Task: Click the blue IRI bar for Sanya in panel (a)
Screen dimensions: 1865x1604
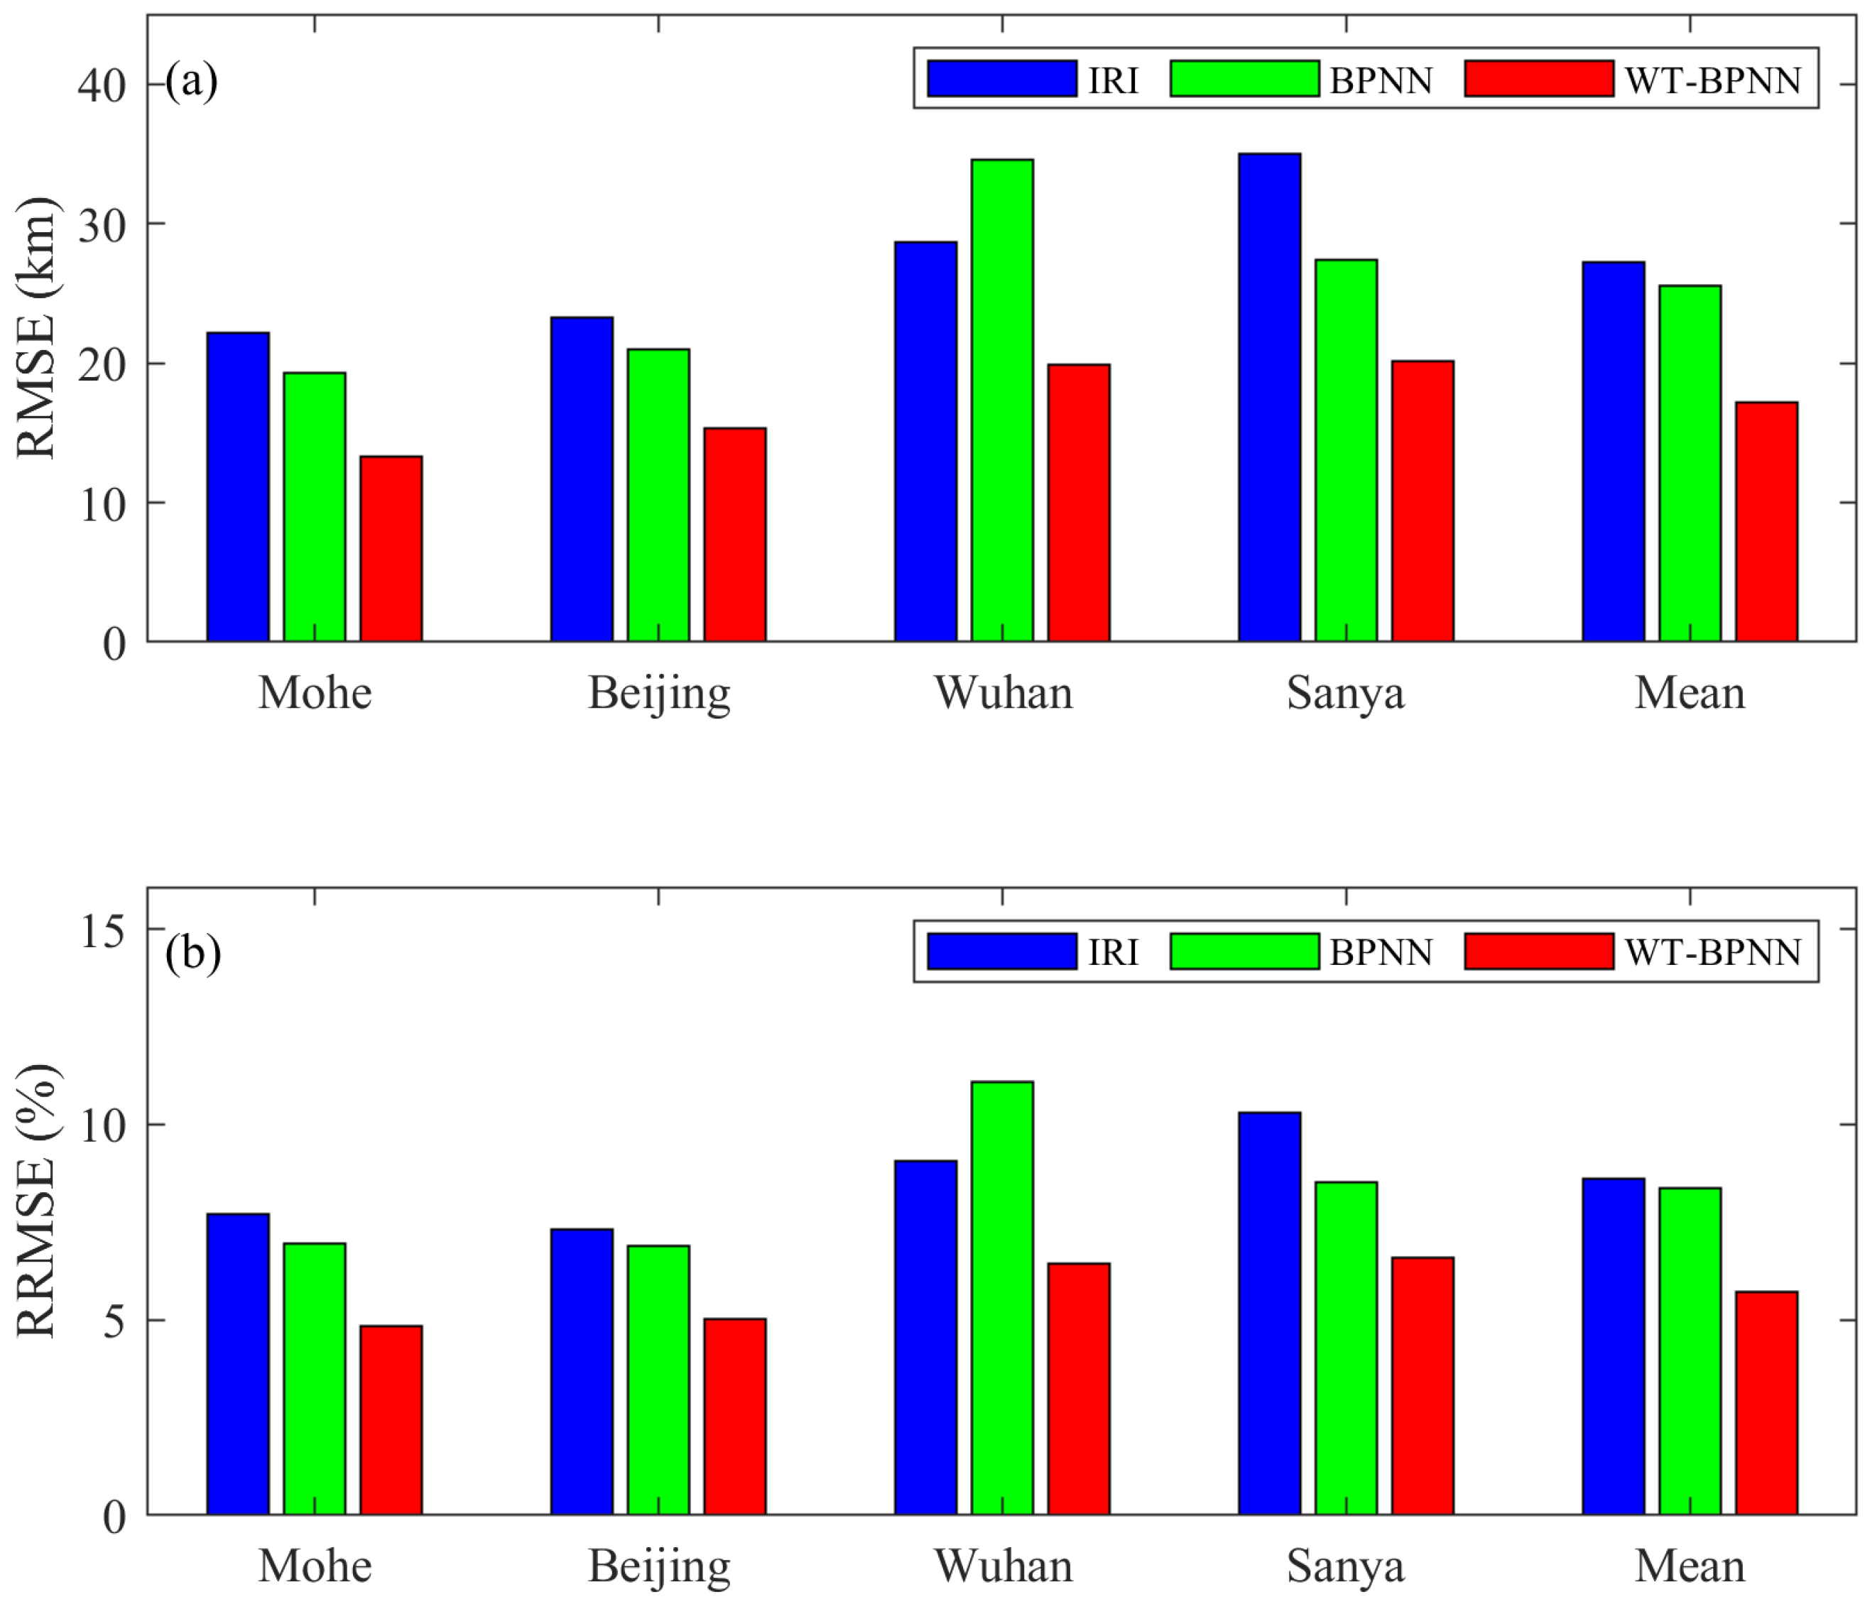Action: tap(1269, 397)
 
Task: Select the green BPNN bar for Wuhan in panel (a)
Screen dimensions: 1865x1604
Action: tap(1002, 400)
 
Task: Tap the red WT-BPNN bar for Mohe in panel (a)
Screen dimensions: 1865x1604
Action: tap(391, 549)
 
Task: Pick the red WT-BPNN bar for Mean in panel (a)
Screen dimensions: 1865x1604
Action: tap(1766, 522)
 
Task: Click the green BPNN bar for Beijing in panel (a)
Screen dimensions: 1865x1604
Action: tap(658, 495)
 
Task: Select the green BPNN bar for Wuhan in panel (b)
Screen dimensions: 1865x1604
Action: tap(1002, 1299)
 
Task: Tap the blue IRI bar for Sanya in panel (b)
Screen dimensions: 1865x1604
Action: tap(1269, 1314)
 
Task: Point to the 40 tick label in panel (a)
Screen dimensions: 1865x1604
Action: tap(102, 84)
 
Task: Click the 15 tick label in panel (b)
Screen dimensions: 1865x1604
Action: tap(102, 931)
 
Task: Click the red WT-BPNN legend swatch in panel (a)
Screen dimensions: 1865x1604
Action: tap(1539, 78)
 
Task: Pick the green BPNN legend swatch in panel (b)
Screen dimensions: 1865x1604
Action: tap(1245, 951)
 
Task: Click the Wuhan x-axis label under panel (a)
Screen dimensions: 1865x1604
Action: tap(1004, 693)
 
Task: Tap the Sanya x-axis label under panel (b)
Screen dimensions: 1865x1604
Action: tap(1346, 1567)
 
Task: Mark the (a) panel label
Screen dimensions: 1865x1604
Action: tap(192, 81)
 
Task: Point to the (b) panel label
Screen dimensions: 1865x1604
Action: tap(192, 953)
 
